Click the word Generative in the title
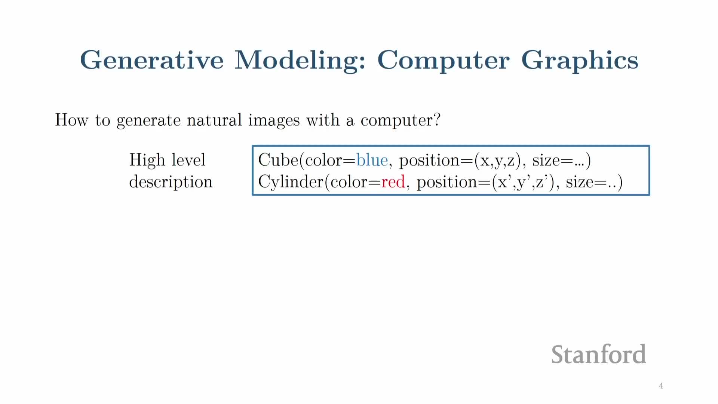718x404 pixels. pyautogui.click(x=152, y=60)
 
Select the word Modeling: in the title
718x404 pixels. pyautogui.click(x=300, y=60)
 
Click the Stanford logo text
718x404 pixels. pyautogui.click(x=599, y=354)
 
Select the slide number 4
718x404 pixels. pyautogui.click(x=661, y=386)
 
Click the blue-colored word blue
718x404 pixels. pyautogui.click(x=372, y=160)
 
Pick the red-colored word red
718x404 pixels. pyautogui.click(x=393, y=182)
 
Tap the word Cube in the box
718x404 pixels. pyautogui.click(x=278, y=160)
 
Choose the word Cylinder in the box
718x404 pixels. pyautogui.click(x=291, y=182)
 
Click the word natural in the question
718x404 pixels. pyautogui.click(x=214, y=120)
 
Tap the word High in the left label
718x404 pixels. pyautogui.click(x=147, y=160)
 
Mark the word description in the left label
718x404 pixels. pyautogui.click(x=171, y=182)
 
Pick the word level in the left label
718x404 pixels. pyautogui.click(x=188, y=160)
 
